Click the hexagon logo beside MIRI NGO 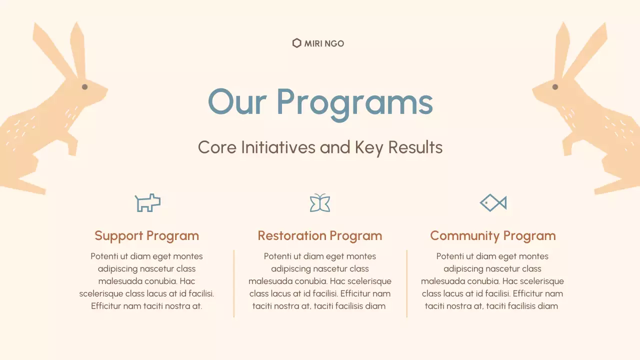(x=296, y=43)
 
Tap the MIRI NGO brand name (x=324, y=43)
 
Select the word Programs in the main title (x=354, y=103)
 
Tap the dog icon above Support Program (x=147, y=202)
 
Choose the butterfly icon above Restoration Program (x=320, y=202)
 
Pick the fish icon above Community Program (x=493, y=202)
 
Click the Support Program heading (x=146, y=235)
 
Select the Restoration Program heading (x=320, y=235)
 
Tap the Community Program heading (x=493, y=235)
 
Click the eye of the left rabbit (x=84, y=87)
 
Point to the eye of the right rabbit (x=555, y=87)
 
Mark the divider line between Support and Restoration (x=234, y=283)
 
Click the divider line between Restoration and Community (x=407, y=283)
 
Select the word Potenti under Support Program (x=104, y=256)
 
